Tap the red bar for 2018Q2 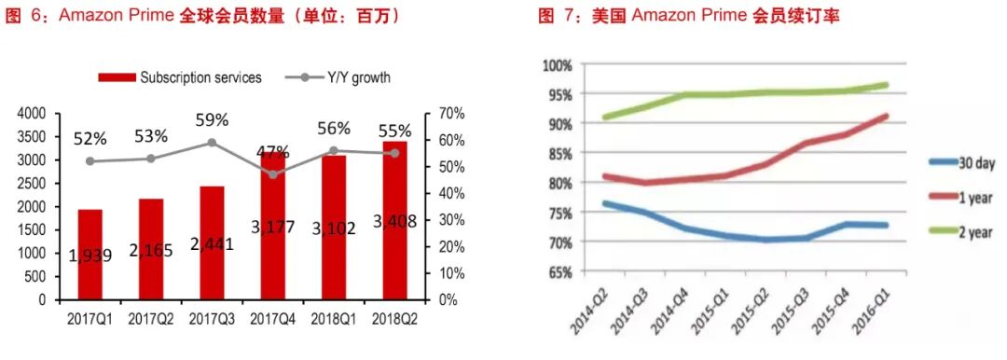(394, 220)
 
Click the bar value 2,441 (211, 244)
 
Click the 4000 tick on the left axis (32, 113)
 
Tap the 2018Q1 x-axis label (334, 320)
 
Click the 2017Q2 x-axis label (151, 320)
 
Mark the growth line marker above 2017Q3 (212, 143)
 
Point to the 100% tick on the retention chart (558, 65)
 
